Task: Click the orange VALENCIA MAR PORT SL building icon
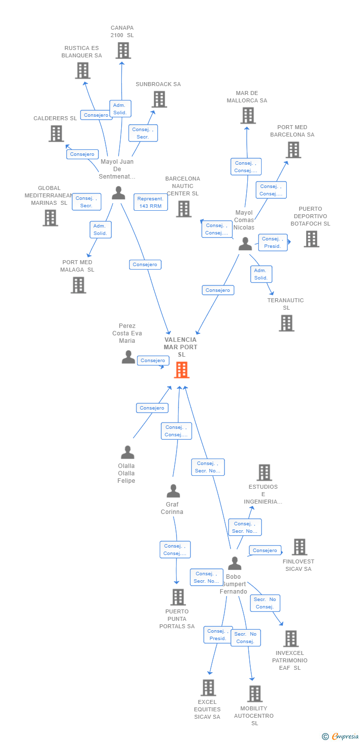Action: point(181,370)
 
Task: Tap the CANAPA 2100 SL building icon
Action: point(123,50)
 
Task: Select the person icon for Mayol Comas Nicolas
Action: point(245,244)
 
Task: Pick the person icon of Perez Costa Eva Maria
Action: point(128,357)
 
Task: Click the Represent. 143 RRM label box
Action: point(150,202)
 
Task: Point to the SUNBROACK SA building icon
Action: point(159,99)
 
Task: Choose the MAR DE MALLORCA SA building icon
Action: point(248,116)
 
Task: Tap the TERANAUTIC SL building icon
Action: point(286,324)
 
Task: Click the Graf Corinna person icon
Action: point(173,491)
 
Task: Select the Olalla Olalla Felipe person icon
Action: point(128,452)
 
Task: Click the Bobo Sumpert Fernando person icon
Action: point(234,563)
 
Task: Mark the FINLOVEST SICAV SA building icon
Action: point(299,547)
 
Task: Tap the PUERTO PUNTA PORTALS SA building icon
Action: point(178,597)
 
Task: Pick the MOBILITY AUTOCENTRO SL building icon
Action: point(255,694)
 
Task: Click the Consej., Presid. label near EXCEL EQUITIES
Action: point(218,635)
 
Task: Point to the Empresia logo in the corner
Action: point(341,737)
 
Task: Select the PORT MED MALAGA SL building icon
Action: point(78,285)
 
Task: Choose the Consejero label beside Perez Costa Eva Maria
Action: point(153,361)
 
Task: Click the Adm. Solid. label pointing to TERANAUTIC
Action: point(261,274)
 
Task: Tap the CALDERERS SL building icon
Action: point(56,134)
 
